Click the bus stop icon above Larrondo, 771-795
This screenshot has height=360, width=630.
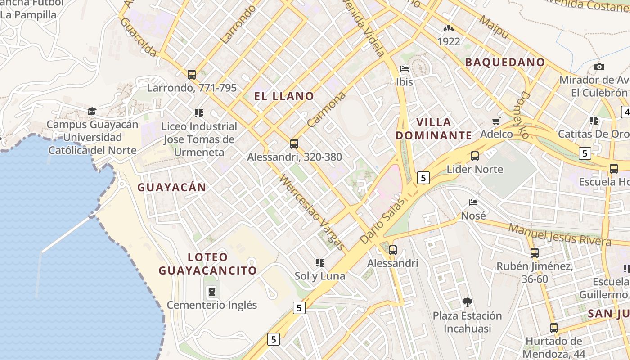pos(192,74)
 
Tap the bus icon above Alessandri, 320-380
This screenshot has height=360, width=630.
pos(294,144)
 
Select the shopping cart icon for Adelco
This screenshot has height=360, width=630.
pos(496,121)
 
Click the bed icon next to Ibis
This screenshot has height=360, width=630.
pos(405,69)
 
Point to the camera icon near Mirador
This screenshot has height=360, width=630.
pos(599,67)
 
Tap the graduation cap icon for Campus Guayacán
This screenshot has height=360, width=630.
pos(92,111)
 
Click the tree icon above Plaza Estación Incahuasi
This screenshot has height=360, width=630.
pos(467,302)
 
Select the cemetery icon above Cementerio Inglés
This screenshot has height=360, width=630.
pos(211,292)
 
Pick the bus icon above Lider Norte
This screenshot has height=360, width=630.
pos(474,156)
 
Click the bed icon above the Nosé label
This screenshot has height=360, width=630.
pos(473,202)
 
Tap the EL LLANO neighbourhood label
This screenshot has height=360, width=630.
pos(284,96)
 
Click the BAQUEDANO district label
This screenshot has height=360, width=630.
pos(505,62)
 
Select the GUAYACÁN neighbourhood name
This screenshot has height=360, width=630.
pos(171,187)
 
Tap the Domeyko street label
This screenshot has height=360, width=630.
pos(525,115)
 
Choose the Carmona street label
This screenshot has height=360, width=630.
pos(327,109)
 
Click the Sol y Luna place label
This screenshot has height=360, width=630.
pos(319,276)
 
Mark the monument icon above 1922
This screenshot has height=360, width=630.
pos(448,28)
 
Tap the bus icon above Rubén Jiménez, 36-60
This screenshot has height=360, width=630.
pos(535,253)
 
